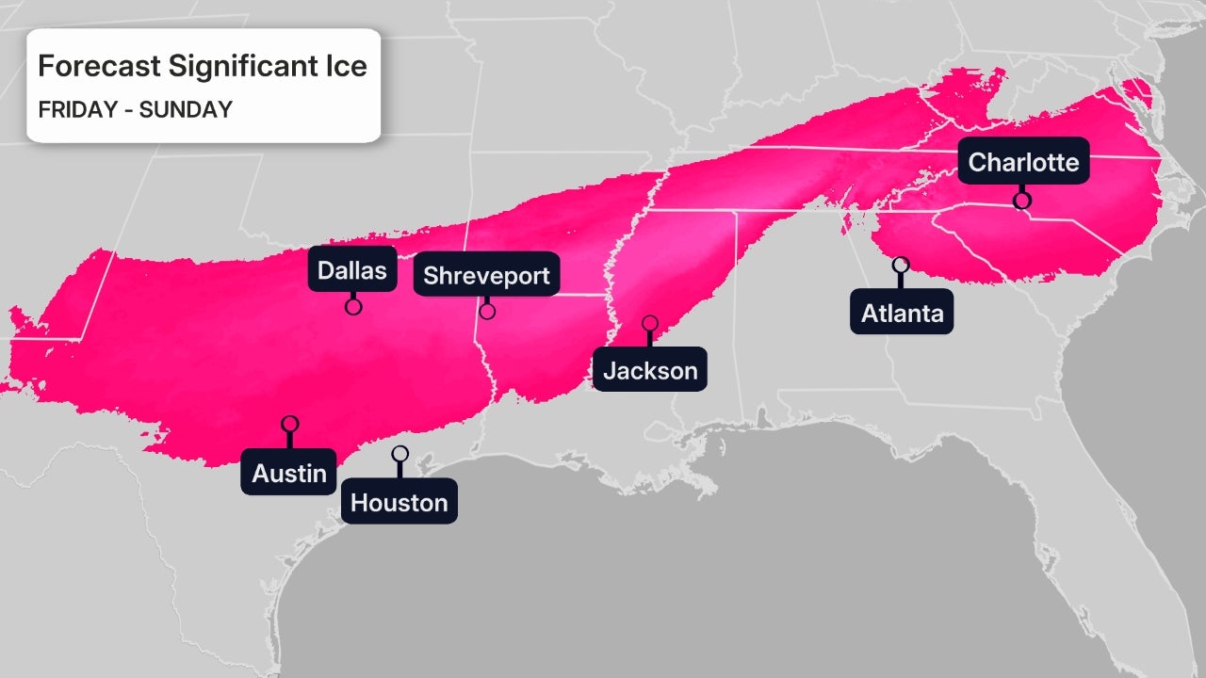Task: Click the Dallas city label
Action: [351, 270]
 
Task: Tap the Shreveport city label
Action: [486, 275]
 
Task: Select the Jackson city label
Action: [650, 370]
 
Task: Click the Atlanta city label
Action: [902, 313]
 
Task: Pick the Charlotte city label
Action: [1023, 162]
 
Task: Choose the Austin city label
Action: [289, 473]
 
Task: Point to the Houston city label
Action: [399, 502]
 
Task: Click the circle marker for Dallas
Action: [353, 306]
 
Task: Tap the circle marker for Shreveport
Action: [487, 311]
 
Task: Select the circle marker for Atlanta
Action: [901, 265]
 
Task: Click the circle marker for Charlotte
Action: [1021, 200]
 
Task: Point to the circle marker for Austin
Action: [289, 424]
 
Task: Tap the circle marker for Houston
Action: [399, 454]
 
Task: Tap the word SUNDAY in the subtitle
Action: [186, 109]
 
